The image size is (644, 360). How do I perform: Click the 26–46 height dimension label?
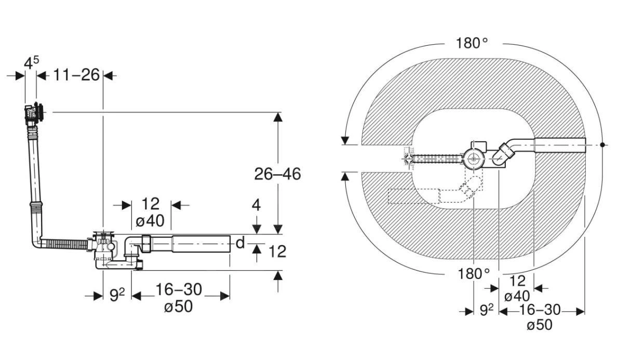[277, 174]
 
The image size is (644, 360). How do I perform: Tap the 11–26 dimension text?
[76, 75]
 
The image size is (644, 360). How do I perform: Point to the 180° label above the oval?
[472, 43]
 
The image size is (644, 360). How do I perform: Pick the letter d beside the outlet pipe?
[240, 243]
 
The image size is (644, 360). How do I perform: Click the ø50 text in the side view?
[178, 306]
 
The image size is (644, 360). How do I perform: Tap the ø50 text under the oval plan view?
[539, 326]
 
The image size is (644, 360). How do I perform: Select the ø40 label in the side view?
[150, 221]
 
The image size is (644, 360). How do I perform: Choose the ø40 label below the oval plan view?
[517, 296]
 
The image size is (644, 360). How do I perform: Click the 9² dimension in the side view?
[117, 295]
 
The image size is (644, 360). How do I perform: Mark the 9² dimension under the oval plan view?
[486, 311]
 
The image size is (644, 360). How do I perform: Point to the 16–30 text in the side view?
[178, 290]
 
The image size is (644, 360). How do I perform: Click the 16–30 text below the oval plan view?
[540, 310]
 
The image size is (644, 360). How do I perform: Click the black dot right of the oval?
[602, 144]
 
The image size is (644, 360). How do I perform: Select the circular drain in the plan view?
[474, 157]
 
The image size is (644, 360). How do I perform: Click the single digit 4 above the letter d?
[256, 205]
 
